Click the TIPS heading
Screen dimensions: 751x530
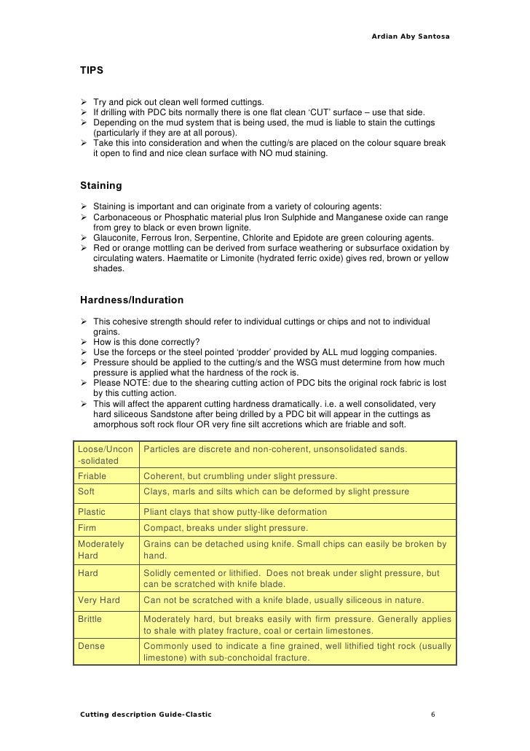[x=92, y=71]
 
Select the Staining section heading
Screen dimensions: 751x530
[x=101, y=186]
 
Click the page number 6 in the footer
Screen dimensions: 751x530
[x=433, y=714]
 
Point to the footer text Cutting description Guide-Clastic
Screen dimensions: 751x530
[x=146, y=714]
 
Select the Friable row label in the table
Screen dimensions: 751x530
[x=92, y=476]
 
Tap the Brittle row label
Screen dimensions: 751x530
[x=90, y=619]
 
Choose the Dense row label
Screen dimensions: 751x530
[x=91, y=646]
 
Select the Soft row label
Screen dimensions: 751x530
[x=87, y=491]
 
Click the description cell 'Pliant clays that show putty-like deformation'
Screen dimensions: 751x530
[x=235, y=511]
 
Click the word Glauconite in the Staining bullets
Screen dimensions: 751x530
[x=115, y=238]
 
